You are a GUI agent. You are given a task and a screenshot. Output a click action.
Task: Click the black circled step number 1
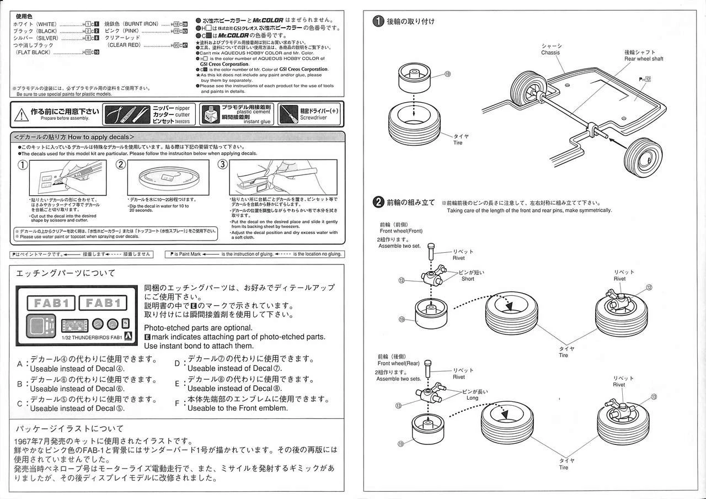(378, 22)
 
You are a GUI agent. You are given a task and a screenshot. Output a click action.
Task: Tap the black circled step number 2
(378, 202)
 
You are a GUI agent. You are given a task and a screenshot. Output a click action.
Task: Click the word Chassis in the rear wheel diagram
(550, 53)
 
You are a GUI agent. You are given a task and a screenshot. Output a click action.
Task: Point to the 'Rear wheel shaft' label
(644, 59)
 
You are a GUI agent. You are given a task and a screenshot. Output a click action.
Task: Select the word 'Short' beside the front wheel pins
(468, 279)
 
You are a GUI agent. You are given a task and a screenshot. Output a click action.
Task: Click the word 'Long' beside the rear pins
(472, 397)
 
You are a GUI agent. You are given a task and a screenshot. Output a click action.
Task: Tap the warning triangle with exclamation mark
(22, 114)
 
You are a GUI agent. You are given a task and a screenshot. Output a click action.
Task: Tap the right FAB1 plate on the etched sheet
(103, 302)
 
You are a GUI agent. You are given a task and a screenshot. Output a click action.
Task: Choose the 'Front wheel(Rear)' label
(399, 363)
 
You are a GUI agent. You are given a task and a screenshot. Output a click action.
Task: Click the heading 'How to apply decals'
(100, 137)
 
